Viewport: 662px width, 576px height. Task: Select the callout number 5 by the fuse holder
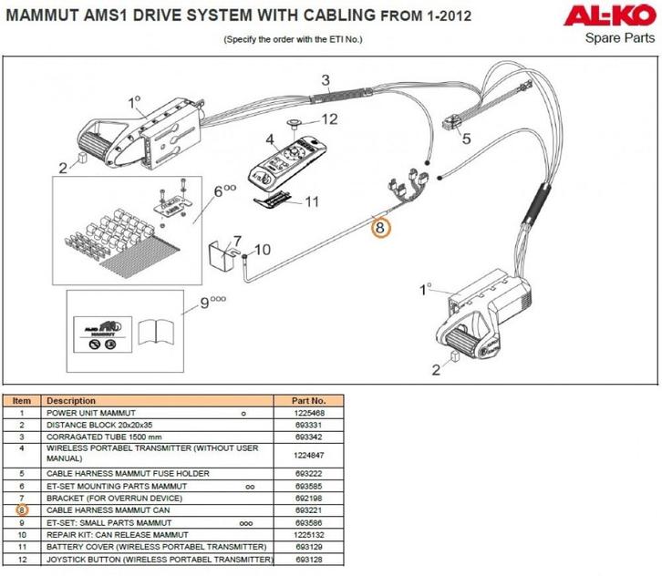[x=466, y=139]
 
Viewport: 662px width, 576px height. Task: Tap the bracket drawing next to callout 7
[x=223, y=254]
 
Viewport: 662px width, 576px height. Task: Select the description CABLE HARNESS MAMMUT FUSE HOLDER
[x=128, y=473]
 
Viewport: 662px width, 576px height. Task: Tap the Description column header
[x=71, y=400]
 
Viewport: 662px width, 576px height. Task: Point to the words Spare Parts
[x=620, y=37]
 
